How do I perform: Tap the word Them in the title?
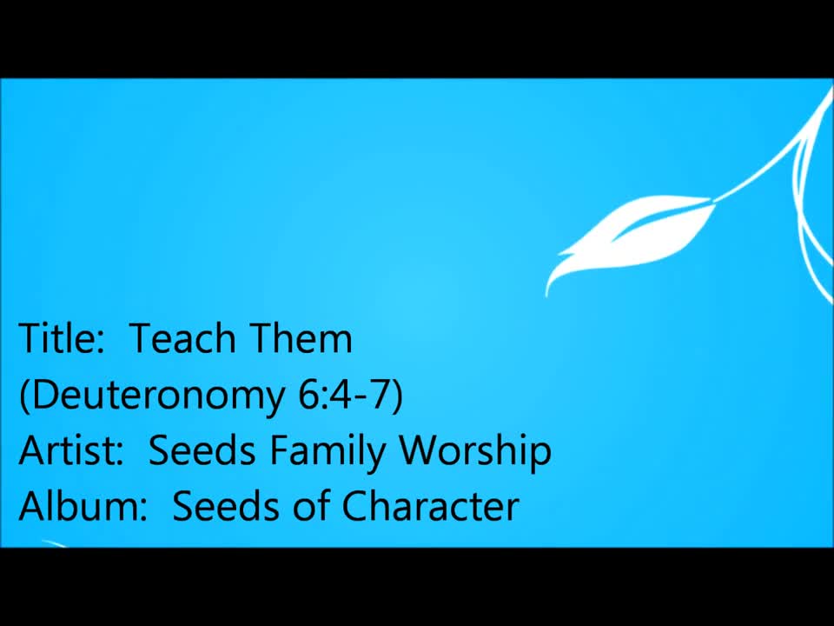pos(301,338)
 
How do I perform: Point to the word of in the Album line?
pos(311,505)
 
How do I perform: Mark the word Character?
pos(430,505)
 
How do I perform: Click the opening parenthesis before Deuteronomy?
pos(24,396)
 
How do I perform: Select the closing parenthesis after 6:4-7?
pos(397,396)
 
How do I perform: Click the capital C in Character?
pos(354,505)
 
